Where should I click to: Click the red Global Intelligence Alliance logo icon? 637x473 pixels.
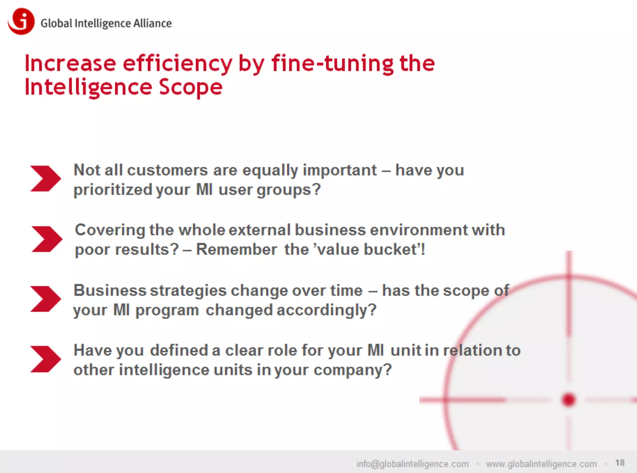(x=21, y=21)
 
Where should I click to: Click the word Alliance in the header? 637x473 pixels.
(x=152, y=23)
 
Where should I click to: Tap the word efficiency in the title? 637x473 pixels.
(x=177, y=64)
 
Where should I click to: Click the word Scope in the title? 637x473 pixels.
(x=191, y=87)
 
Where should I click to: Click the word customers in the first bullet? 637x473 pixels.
(x=167, y=170)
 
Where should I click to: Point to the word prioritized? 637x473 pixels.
(x=113, y=190)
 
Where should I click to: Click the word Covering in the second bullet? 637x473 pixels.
(x=110, y=230)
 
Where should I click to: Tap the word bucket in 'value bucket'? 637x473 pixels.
(x=390, y=250)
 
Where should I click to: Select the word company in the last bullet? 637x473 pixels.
(x=352, y=370)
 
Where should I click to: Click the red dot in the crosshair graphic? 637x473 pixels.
(x=569, y=400)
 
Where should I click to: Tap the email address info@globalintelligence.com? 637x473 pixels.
(x=412, y=464)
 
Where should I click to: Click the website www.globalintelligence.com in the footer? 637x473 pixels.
(x=541, y=464)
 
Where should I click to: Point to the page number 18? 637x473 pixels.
(x=620, y=463)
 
